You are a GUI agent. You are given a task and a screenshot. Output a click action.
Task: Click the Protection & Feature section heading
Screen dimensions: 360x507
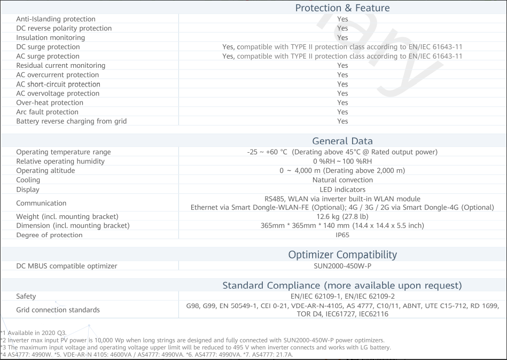tap(342, 8)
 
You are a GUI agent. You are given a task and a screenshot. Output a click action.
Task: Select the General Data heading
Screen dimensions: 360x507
tap(342, 141)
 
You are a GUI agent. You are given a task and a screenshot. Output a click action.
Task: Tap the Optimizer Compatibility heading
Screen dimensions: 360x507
tap(342, 254)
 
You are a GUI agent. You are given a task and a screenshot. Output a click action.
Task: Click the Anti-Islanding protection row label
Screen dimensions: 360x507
tap(56, 19)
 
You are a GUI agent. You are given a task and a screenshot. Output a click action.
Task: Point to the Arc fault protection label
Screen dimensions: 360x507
tap(47, 112)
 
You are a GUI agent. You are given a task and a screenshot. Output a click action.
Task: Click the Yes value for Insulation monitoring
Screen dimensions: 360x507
tap(342, 38)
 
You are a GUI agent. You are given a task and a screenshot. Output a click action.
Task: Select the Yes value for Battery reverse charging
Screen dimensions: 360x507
tap(342, 121)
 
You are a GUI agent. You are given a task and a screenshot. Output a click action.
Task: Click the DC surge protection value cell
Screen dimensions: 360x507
tap(342, 47)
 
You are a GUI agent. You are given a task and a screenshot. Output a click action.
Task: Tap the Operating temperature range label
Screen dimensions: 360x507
tap(64, 152)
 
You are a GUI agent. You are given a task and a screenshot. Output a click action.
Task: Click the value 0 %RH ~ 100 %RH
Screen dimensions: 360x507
tap(342, 161)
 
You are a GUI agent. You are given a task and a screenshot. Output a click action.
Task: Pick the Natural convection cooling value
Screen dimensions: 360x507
tap(342, 180)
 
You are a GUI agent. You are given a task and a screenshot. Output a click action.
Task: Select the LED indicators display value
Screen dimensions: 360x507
tap(342, 190)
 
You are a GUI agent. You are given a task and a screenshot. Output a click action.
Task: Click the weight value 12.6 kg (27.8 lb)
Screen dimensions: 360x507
tap(342, 216)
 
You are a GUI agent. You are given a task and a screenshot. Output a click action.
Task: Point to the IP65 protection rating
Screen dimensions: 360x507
tap(342, 235)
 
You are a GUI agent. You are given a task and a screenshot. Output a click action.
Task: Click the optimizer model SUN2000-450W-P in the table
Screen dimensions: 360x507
tap(342, 266)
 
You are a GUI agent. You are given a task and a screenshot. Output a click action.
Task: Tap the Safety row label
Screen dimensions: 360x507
tap(26, 296)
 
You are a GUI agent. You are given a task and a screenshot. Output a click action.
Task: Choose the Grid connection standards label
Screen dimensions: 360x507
tap(58, 310)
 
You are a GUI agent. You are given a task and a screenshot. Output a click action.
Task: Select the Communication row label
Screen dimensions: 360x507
tap(41, 204)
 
